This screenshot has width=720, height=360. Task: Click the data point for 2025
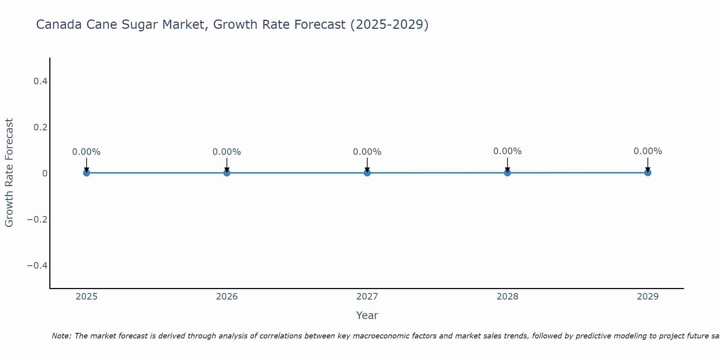[x=86, y=173]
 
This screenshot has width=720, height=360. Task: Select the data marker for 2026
[x=227, y=173]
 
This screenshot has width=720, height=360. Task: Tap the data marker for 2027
[x=367, y=173]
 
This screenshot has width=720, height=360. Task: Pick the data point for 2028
[x=507, y=173]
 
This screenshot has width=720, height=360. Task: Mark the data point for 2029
[x=648, y=172]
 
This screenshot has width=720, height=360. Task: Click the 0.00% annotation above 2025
[x=86, y=152]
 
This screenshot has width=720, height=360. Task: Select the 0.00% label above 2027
[x=367, y=152]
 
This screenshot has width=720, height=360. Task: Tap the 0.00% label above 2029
[x=648, y=151]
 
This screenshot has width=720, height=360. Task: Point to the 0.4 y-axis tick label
[x=40, y=81]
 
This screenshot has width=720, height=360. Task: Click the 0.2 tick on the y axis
[x=40, y=127]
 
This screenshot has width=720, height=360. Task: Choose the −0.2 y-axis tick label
[x=37, y=220]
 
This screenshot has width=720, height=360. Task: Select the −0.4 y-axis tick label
[x=37, y=266]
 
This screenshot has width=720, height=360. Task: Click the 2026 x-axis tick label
[x=227, y=297]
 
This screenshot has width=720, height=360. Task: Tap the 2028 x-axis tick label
[x=507, y=297]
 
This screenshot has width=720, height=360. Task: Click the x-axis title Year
[x=367, y=316]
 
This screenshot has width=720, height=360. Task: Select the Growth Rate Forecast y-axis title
[x=9, y=173]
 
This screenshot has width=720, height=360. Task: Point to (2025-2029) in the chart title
[x=389, y=25]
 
